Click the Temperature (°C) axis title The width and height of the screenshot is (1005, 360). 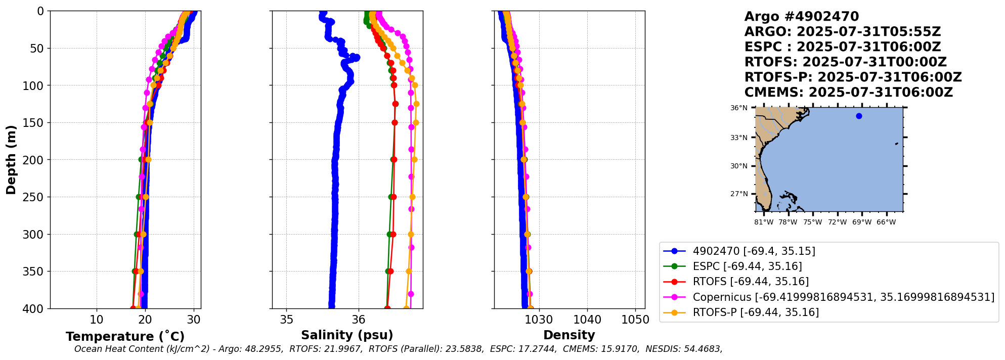click(x=125, y=337)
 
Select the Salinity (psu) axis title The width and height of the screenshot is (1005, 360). click(x=347, y=335)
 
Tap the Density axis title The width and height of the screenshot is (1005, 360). click(x=569, y=335)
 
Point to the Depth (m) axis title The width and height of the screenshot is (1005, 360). click(x=11, y=160)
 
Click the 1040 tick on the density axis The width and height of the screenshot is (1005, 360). click(x=587, y=320)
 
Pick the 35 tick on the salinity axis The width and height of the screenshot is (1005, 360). click(x=286, y=320)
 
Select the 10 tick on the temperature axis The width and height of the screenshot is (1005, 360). click(x=97, y=320)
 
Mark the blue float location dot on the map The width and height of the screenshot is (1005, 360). click(x=859, y=116)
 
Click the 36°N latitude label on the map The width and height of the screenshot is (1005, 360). click(x=738, y=108)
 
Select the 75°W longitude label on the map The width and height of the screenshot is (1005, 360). click(x=812, y=222)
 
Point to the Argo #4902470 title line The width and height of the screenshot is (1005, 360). click(x=802, y=17)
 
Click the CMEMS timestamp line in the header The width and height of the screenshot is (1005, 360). click(x=848, y=93)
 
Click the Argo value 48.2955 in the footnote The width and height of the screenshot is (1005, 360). click(x=266, y=349)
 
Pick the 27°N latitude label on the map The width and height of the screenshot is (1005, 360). click(x=738, y=194)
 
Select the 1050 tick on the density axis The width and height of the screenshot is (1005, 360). click(x=635, y=320)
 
